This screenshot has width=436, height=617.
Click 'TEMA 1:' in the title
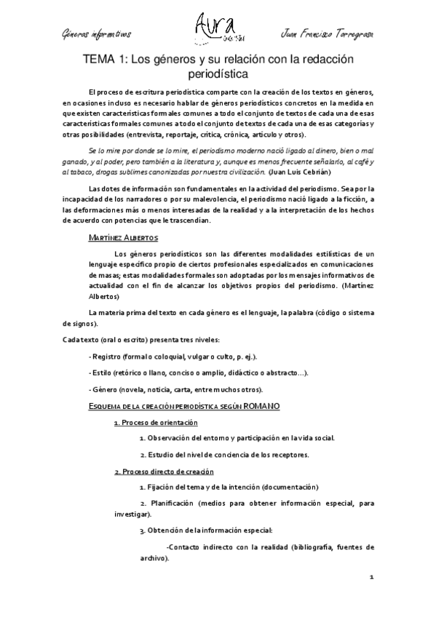coord(106,60)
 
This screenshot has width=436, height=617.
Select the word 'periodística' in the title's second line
coord(218,74)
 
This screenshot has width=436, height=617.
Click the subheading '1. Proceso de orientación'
coord(156,422)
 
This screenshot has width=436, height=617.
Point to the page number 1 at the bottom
coord(371,578)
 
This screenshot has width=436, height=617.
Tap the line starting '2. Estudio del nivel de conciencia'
coord(224,455)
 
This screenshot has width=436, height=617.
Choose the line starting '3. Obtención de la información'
coord(217,530)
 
